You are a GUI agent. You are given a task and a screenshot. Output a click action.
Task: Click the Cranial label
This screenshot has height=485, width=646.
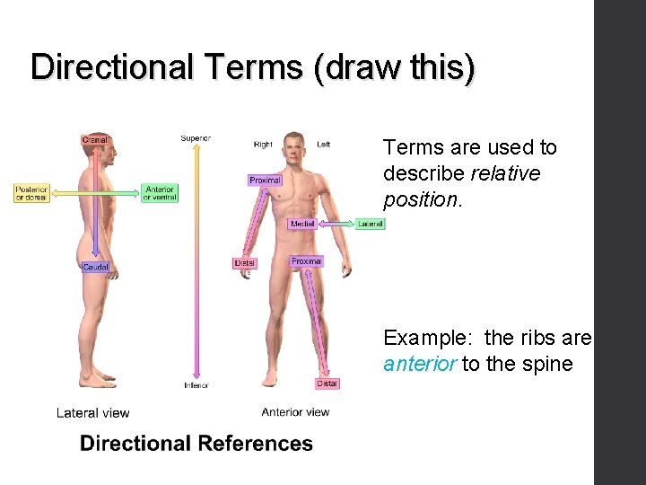[x=94, y=139]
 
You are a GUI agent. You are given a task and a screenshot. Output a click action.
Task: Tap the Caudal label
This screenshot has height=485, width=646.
[x=95, y=267]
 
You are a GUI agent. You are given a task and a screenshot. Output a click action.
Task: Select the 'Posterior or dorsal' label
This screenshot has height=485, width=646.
[x=31, y=192]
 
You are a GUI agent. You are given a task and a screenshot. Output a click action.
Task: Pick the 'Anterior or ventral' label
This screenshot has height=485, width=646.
[x=160, y=192]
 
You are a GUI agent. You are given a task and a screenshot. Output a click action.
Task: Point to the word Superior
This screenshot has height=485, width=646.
[x=196, y=138]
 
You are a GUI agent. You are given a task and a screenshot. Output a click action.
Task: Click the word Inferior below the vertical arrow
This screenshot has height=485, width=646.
[x=196, y=385]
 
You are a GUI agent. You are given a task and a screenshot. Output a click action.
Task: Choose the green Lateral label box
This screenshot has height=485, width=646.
[x=370, y=224]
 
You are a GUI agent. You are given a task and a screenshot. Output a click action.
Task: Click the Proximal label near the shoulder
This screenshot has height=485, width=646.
[x=265, y=181]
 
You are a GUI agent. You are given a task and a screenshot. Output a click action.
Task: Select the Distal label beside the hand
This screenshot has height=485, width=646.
[x=244, y=263]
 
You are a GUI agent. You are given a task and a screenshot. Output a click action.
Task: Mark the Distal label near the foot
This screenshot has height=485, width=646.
[x=327, y=384]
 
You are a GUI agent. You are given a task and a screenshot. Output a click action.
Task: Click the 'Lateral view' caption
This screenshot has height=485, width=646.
[x=92, y=413]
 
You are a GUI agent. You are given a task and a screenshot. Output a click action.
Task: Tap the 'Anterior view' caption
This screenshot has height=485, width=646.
[x=295, y=412]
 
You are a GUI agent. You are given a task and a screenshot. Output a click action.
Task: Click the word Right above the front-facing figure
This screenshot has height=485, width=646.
[x=263, y=144]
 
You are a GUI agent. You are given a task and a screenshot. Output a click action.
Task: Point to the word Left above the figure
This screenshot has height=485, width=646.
[x=324, y=144]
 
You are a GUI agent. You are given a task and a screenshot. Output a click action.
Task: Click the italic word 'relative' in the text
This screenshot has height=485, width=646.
[x=505, y=172]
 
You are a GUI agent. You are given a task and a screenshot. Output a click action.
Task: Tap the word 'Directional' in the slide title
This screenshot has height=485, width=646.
[x=111, y=67]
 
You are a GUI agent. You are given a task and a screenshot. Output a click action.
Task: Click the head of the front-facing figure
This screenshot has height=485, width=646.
[x=292, y=145]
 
